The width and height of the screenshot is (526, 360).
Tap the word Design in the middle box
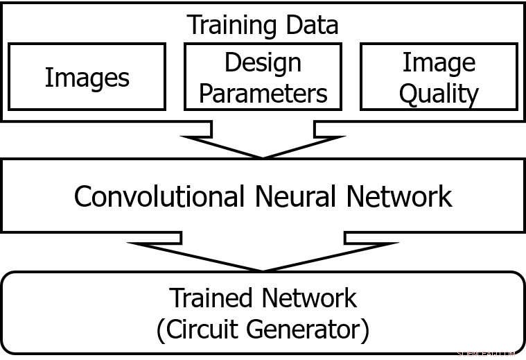click(263, 63)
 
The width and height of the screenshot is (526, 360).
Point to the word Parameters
click(263, 93)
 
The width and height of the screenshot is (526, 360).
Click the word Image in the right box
click(439, 63)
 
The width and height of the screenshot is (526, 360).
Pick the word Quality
click(439, 94)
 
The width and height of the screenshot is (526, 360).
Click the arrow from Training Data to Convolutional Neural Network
click(263, 142)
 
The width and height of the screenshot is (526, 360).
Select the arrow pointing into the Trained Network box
click(263, 254)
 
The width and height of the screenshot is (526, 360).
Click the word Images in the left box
click(87, 78)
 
